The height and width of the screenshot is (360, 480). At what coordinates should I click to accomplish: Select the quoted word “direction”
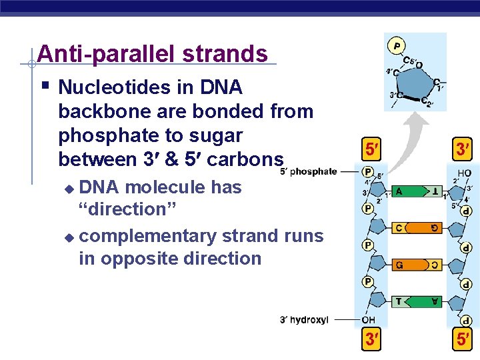(x=127, y=209)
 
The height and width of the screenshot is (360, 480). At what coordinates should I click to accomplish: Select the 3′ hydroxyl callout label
(x=304, y=320)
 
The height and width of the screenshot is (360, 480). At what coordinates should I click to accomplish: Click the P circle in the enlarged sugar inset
(x=397, y=46)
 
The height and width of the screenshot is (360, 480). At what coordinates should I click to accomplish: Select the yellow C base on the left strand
(x=399, y=228)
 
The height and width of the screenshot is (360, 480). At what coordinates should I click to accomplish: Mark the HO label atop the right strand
(x=464, y=173)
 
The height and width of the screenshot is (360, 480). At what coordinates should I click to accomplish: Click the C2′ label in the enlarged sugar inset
(x=427, y=101)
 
